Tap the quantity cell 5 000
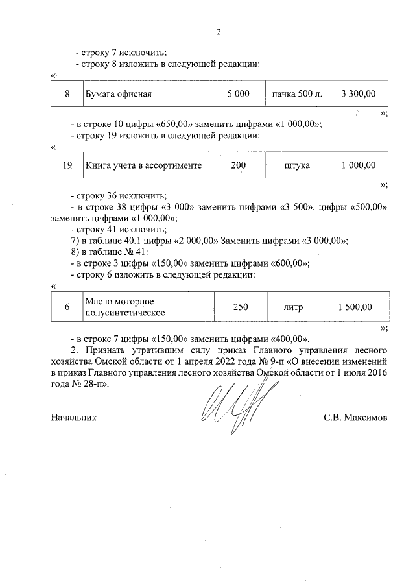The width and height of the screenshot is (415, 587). coord(238,94)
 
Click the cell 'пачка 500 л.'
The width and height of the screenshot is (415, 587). coord(297,94)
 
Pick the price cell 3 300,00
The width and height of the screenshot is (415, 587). coord(358,94)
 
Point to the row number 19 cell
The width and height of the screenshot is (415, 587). coord(67,165)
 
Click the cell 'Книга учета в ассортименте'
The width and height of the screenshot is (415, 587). coord(143,165)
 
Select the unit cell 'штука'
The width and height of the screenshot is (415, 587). coord(297,165)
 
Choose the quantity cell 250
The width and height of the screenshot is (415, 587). coord(241,307)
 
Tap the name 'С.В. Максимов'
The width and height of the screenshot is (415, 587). coord(355,418)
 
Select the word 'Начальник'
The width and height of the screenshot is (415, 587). coord(73,418)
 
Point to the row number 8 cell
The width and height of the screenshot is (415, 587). coord(67,94)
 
